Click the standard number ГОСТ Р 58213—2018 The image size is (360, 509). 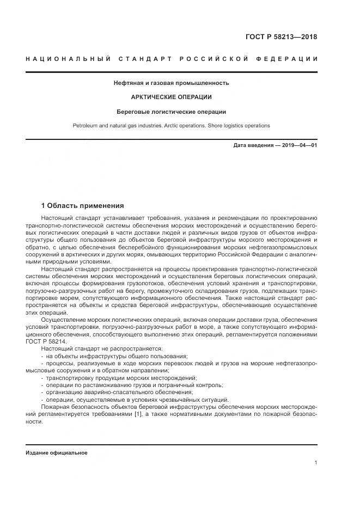pyautogui.click(x=282, y=37)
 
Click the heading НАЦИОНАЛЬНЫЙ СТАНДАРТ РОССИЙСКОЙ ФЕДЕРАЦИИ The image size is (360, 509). pyautogui.click(x=171, y=59)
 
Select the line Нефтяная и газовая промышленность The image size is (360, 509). pyautogui.click(x=171, y=83)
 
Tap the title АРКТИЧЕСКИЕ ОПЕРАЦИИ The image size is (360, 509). pyautogui.click(x=171, y=97)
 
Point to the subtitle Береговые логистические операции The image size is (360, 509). pyautogui.click(x=171, y=112)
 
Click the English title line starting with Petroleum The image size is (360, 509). pyautogui.click(x=171, y=126)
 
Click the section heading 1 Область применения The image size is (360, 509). pyautogui.click(x=83, y=206)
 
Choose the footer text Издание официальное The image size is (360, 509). pyautogui.click(x=56, y=453)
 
